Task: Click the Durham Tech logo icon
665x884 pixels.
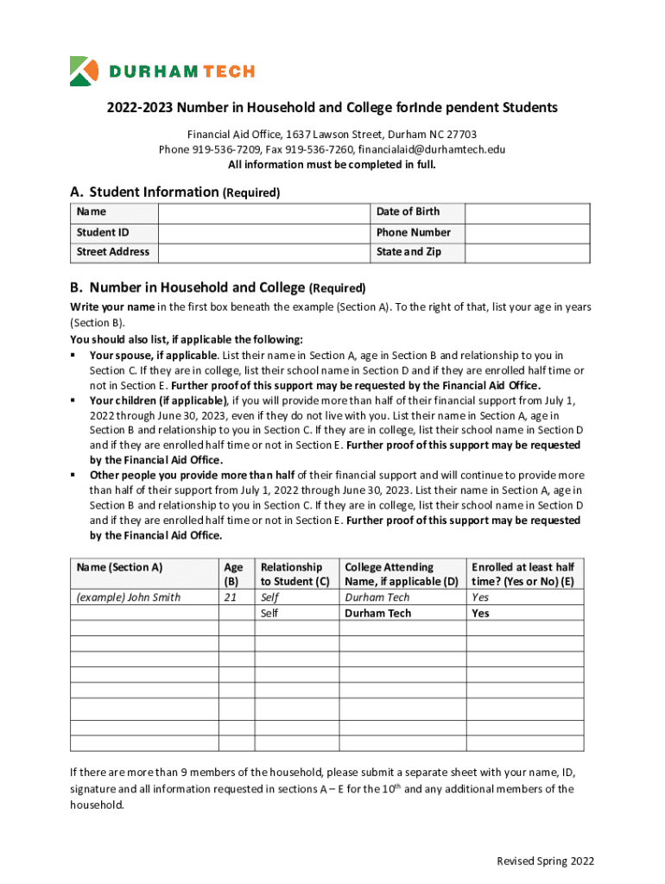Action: point(85,71)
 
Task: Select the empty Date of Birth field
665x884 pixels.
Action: point(527,212)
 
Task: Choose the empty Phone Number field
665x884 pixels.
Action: point(527,232)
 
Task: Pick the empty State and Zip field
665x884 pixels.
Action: point(527,252)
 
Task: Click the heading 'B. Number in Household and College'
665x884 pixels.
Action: point(187,287)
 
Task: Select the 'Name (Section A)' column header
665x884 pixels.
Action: point(119,567)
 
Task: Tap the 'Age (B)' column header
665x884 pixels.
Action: point(233,574)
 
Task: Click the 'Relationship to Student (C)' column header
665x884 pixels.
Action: point(294,574)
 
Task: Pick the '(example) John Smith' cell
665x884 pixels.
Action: point(128,597)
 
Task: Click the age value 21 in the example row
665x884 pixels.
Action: point(230,597)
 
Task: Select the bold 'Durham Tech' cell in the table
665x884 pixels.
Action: point(377,614)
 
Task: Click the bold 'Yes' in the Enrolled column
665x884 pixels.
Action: point(480,614)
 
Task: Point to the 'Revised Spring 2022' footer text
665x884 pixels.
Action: point(545,862)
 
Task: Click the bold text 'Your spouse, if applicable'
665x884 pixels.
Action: point(153,356)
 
